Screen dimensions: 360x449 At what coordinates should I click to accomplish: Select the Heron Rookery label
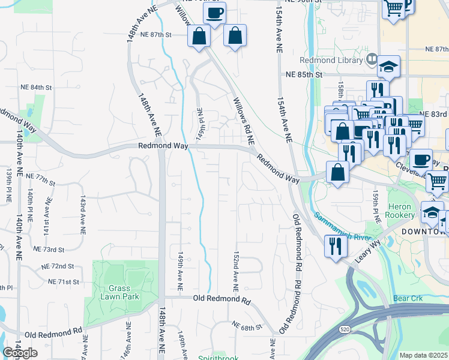(400, 211)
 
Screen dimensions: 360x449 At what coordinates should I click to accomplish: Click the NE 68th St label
(247, 327)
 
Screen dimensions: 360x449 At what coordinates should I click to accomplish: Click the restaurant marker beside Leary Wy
(334, 246)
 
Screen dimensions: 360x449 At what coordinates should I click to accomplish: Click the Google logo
(20, 353)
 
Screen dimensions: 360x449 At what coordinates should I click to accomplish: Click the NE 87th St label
(156, 35)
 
